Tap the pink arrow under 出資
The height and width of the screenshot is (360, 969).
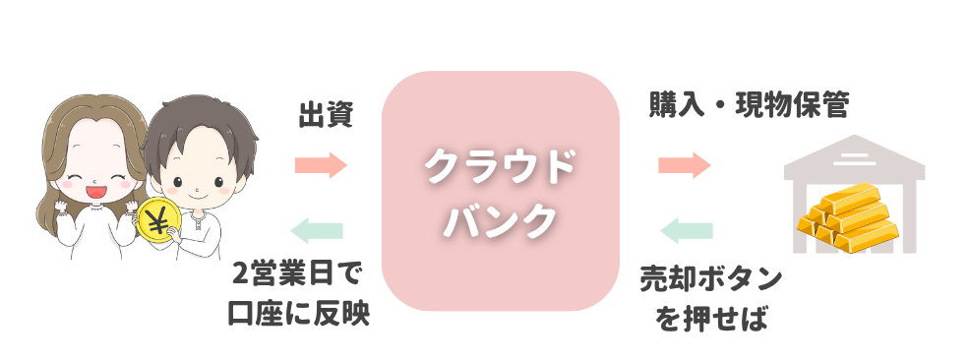tap(321, 164)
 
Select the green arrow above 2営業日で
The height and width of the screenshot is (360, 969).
tap(318, 230)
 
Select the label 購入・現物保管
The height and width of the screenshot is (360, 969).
tap(749, 105)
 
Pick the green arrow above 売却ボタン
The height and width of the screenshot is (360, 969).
tap(687, 231)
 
